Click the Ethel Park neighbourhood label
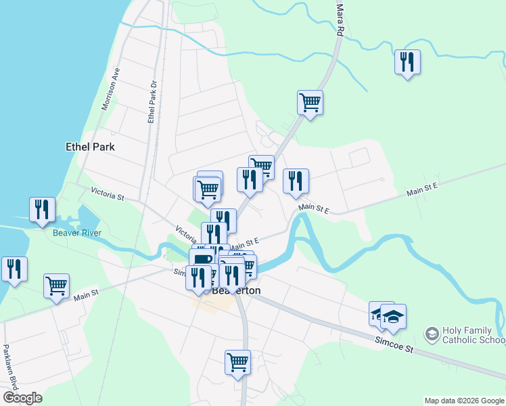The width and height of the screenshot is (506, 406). click(x=90, y=146)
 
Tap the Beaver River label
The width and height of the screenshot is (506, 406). click(x=77, y=233)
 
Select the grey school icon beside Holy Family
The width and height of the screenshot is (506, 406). click(x=431, y=334)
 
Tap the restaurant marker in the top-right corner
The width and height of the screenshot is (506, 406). click(x=407, y=63)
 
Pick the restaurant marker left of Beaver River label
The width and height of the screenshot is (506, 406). click(x=42, y=210)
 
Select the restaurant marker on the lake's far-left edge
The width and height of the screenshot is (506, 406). click(x=14, y=269)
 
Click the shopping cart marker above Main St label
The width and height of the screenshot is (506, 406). click(x=57, y=286)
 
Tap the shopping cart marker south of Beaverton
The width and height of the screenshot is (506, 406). click(x=237, y=362)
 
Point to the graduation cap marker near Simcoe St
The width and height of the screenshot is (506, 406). click(x=393, y=315)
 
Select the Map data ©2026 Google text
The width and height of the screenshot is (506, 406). click(x=464, y=401)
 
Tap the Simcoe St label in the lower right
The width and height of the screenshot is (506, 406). click(x=394, y=346)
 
